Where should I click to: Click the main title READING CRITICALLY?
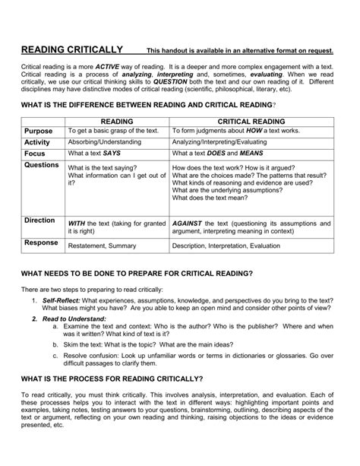point(71,49)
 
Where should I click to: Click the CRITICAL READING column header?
point(251,120)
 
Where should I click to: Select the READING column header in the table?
point(117,120)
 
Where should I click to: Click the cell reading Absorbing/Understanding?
point(105,141)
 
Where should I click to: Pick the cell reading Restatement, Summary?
point(102,246)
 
